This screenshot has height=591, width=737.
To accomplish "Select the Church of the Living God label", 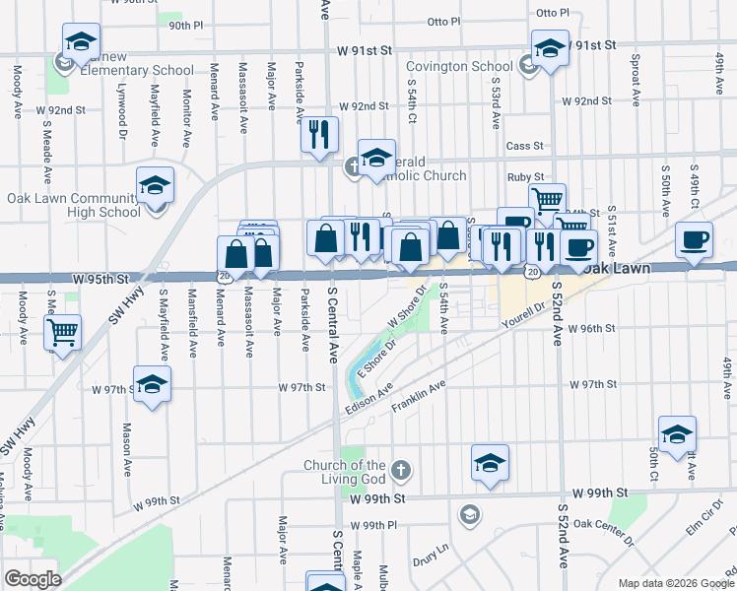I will point(344,472).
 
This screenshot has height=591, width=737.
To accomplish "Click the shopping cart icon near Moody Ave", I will point(63,333).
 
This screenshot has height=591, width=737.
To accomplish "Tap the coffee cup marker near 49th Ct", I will point(693,240).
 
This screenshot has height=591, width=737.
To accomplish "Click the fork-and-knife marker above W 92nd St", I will point(319,135).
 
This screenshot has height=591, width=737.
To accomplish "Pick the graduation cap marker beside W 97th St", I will point(153,385).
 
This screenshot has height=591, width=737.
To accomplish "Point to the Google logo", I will point(33,579).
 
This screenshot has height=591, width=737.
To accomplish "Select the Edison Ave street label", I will point(369,403).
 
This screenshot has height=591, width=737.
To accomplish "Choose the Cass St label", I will point(524,146).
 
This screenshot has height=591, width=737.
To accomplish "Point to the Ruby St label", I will point(525,177).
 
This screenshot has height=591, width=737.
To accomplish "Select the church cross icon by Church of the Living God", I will point(400,470).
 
